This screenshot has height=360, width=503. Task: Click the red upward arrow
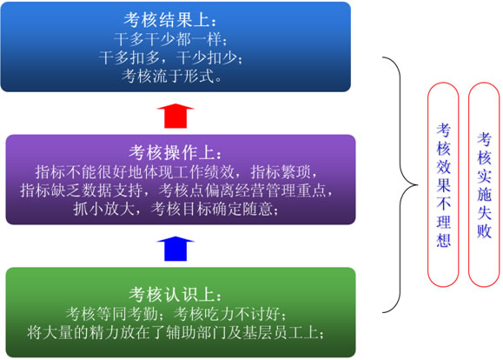click(175, 116)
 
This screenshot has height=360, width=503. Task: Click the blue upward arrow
click(175, 249)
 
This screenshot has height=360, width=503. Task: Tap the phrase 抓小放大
click(103, 210)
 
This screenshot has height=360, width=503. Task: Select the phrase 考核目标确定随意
click(211, 210)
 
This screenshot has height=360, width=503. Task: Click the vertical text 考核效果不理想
click(443, 185)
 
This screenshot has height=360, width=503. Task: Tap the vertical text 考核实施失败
click(484, 185)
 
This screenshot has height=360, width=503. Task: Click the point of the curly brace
click(417, 185)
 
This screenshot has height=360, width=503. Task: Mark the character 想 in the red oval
click(443, 240)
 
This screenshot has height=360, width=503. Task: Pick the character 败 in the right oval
click(484, 230)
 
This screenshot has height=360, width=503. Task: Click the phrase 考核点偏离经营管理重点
click(242, 190)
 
